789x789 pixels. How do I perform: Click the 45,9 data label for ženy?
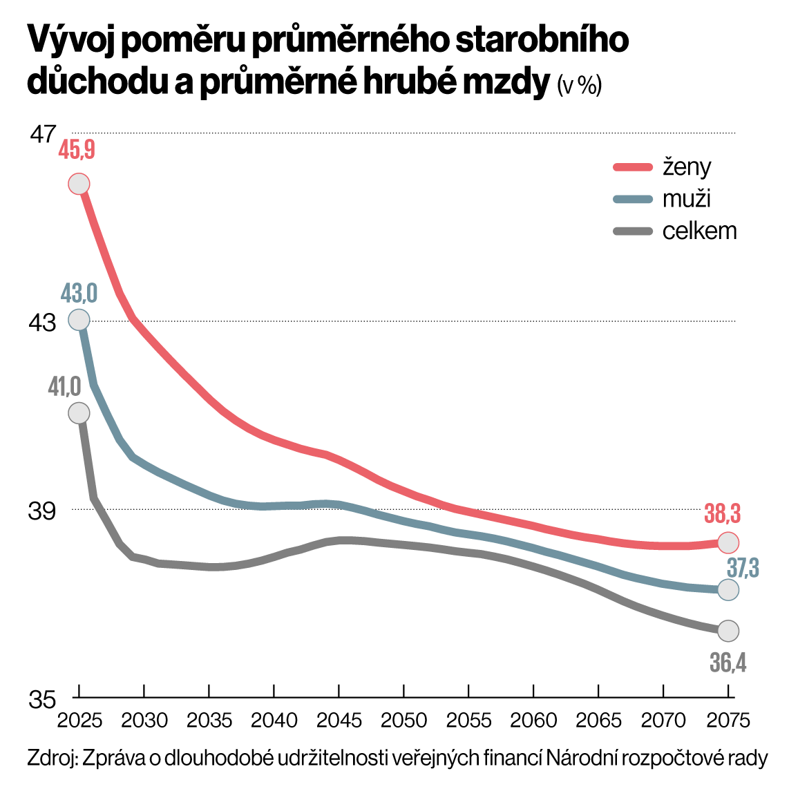pyautogui.click(x=77, y=150)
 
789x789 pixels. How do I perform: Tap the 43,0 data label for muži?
pyautogui.click(x=78, y=294)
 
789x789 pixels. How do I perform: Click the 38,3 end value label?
pyautogui.click(x=723, y=514)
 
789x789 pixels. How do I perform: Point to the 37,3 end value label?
pyautogui.click(x=743, y=569)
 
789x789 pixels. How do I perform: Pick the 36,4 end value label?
pyautogui.click(x=728, y=663)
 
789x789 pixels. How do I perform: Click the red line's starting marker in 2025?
pyautogui.click(x=79, y=184)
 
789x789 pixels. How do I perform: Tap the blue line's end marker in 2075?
pyautogui.click(x=728, y=589)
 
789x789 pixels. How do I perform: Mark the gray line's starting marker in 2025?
pyautogui.click(x=79, y=413)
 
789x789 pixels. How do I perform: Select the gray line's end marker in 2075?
pyautogui.click(x=728, y=630)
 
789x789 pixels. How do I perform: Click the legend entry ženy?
pyautogui.click(x=687, y=167)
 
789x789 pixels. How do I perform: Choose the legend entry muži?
pyautogui.click(x=687, y=199)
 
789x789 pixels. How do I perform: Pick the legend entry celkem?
pyautogui.click(x=699, y=231)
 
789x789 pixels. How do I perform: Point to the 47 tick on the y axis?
pyautogui.click(x=42, y=133)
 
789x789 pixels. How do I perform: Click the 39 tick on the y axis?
pyautogui.click(x=42, y=511)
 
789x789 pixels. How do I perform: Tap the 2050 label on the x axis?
pyautogui.click(x=404, y=721)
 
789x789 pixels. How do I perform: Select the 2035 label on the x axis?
pyautogui.click(x=209, y=721)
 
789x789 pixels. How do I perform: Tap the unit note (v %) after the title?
pyautogui.click(x=579, y=85)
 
